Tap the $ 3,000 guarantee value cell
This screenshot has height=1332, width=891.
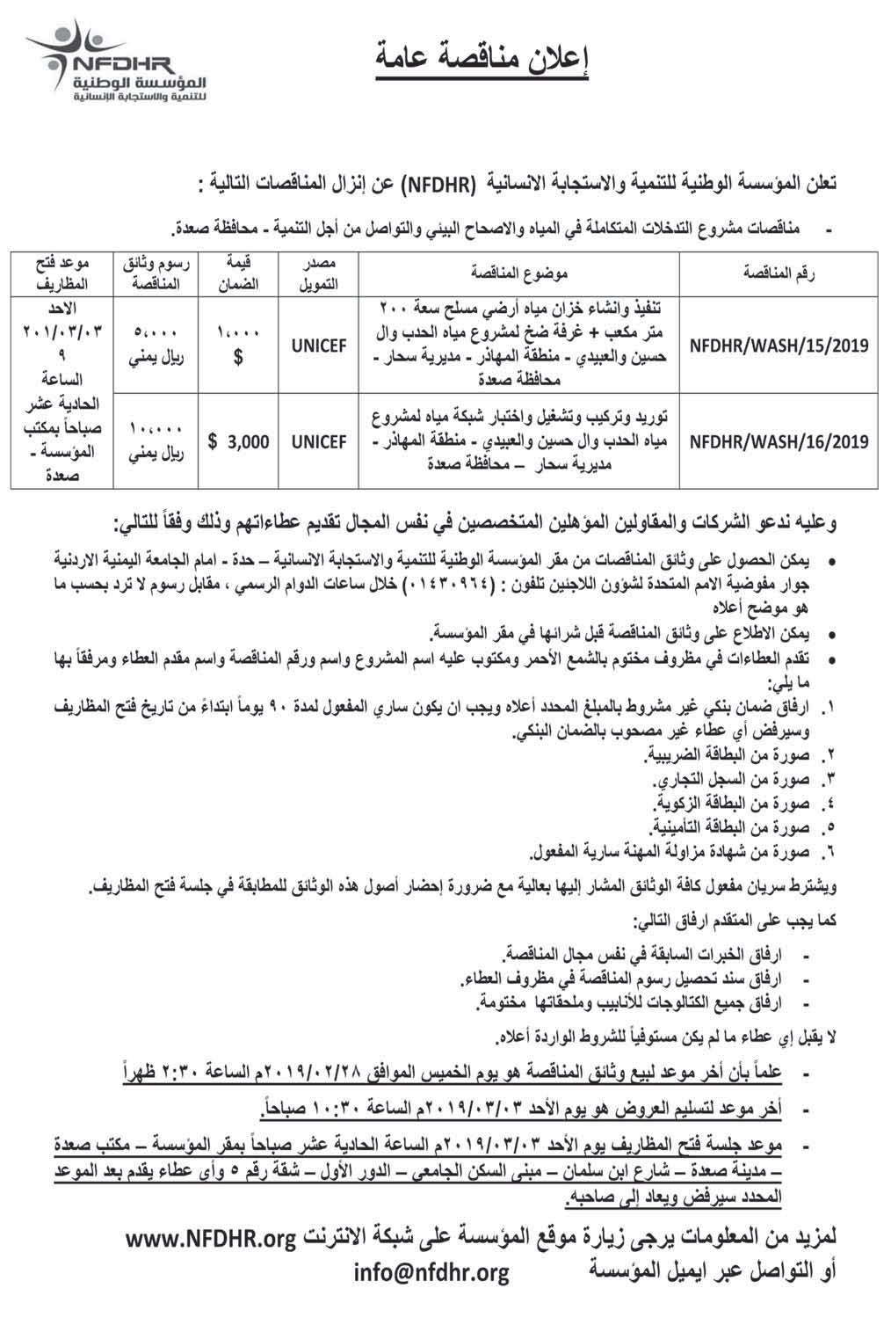(x=239, y=442)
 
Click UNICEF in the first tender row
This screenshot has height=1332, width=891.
(x=318, y=346)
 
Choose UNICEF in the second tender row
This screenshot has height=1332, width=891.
(x=318, y=442)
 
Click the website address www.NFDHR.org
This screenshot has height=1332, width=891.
(x=210, y=1240)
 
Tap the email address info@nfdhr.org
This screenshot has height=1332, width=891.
(x=431, y=1271)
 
